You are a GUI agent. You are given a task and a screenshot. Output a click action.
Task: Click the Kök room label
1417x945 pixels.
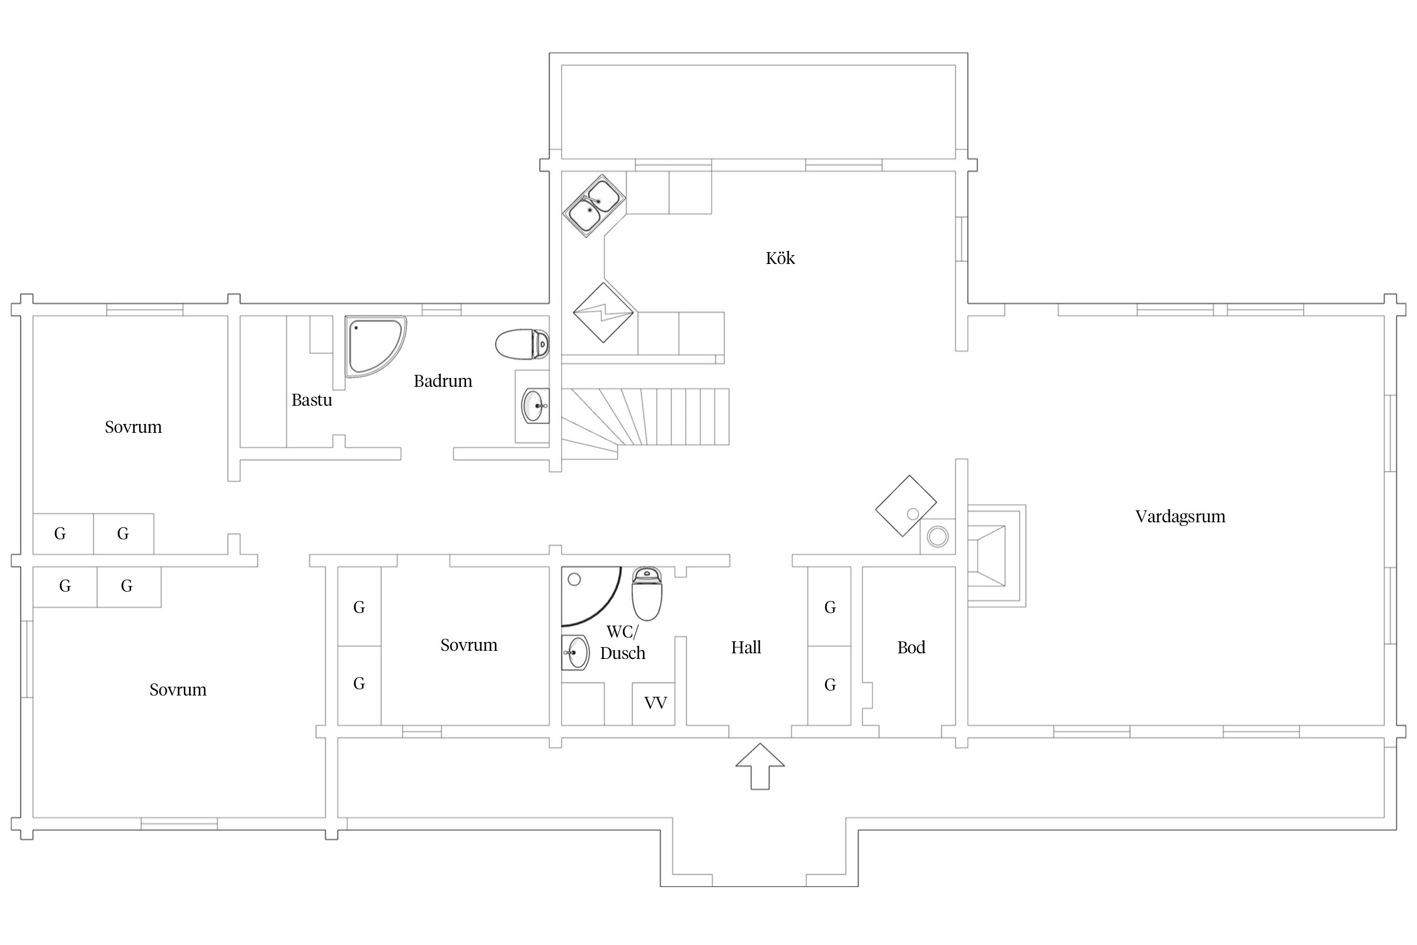[780, 258]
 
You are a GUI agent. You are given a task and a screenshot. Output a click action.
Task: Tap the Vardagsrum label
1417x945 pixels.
[1180, 517]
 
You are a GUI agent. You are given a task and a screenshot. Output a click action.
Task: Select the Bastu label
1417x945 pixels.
[312, 400]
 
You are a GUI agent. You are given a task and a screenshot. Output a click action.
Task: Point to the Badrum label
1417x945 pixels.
[443, 381]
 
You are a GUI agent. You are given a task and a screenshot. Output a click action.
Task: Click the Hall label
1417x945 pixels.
[746, 647]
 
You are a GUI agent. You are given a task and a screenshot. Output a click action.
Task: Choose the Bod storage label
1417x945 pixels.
[911, 647]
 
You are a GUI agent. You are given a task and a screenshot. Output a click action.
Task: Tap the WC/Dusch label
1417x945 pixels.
[623, 643]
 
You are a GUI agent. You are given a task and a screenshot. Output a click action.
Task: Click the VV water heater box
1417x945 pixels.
[654, 703]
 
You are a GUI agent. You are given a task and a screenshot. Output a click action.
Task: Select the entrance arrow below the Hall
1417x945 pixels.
[760, 766]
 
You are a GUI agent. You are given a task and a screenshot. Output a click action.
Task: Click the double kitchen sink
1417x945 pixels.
[595, 205]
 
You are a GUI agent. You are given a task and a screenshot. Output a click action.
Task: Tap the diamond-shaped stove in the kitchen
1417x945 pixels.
[603, 312]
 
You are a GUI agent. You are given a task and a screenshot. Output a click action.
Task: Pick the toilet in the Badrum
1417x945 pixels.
[522, 344]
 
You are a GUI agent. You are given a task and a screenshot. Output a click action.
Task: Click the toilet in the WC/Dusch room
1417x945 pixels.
[647, 593]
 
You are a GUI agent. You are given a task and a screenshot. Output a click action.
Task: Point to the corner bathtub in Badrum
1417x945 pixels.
[375, 347]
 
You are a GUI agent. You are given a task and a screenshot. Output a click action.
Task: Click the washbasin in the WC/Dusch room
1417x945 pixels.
[575, 653]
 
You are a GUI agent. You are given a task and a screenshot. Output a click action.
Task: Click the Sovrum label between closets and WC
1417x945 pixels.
[469, 645]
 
